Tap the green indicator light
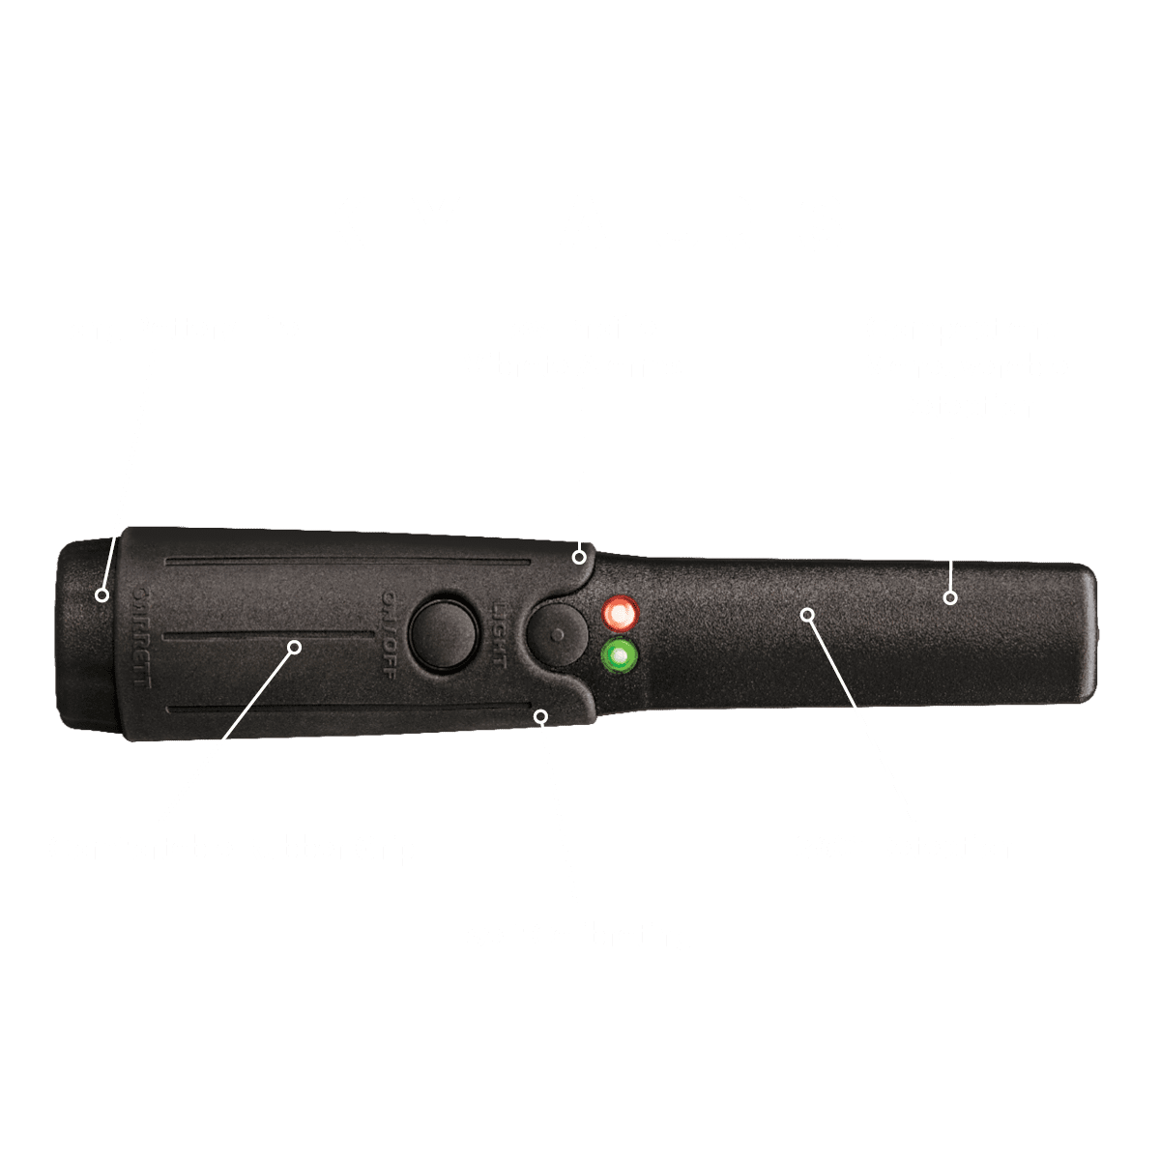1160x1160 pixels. [x=619, y=657]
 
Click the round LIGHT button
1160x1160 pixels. [x=558, y=635]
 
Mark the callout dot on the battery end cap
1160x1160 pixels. [x=101, y=594]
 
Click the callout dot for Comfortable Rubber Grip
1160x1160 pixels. [x=296, y=646]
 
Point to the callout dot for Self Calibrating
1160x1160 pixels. [x=541, y=716]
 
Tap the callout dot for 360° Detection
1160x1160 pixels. [x=808, y=614]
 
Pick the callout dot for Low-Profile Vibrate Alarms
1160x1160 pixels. [x=579, y=557]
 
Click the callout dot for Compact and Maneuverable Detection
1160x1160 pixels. [x=950, y=598]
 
